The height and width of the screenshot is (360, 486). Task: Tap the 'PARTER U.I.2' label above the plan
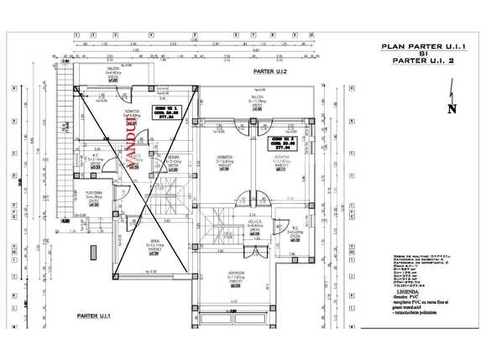tap(270, 74)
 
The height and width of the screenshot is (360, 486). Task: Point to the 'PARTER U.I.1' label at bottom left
tap(95, 315)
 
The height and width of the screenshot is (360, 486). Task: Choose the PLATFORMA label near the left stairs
tap(94, 193)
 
